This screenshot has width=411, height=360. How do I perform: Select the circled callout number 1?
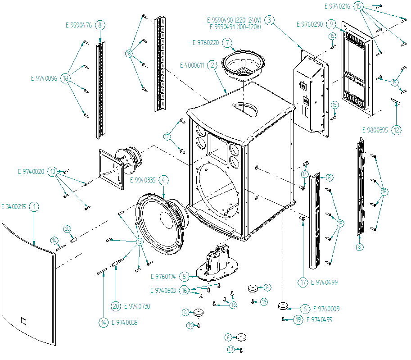pyautogui.click(x=35, y=207)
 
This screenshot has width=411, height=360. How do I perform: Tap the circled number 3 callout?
pyautogui.click(x=269, y=20)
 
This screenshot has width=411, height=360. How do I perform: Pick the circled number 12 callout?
pyautogui.click(x=396, y=130)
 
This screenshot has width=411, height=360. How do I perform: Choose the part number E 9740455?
pyautogui.click(x=320, y=320)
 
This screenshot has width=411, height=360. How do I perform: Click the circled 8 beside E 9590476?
pyautogui.click(x=99, y=25)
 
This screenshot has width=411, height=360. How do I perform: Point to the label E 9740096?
pyautogui.click(x=44, y=78)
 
